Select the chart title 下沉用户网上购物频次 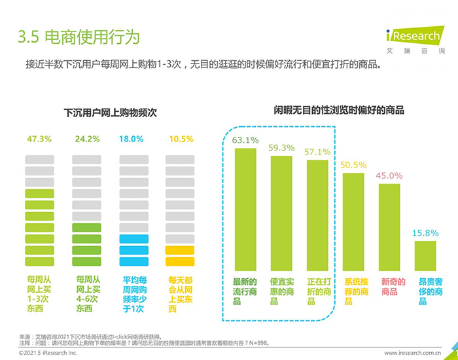point(110,113)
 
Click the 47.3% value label point(39,139)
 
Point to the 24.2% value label point(87,139)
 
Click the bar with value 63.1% point(245,209)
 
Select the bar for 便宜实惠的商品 point(281,213)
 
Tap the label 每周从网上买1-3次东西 point(39,294)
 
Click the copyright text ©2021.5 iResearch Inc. point(48,352)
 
